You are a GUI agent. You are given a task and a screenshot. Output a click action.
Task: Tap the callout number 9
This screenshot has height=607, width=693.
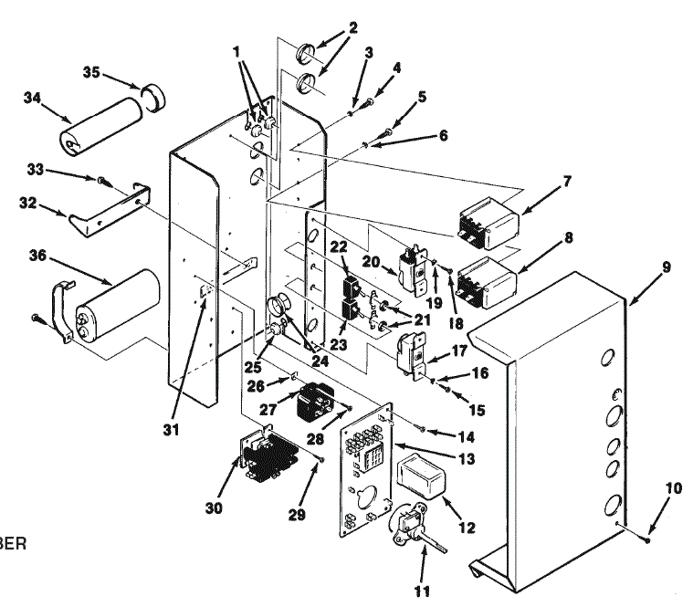tap(666, 268)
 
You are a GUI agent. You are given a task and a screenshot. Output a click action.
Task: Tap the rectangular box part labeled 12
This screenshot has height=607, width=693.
tap(422, 478)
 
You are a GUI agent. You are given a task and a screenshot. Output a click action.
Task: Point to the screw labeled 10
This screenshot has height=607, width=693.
tap(647, 539)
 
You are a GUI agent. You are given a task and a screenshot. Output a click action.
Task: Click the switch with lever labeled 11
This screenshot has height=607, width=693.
tap(410, 530)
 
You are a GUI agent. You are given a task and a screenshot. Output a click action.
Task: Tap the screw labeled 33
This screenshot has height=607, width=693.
tap(103, 181)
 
